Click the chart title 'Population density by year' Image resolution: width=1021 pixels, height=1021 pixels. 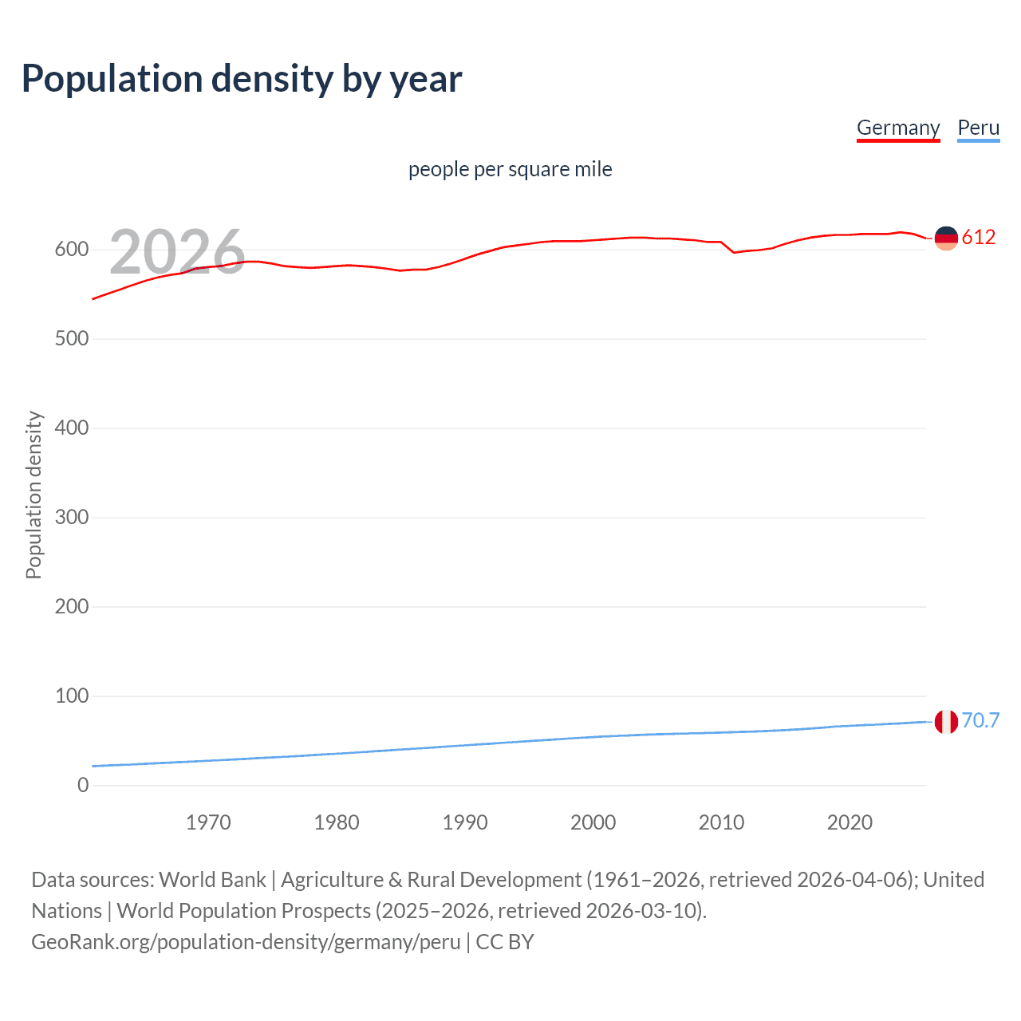click(x=242, y=79)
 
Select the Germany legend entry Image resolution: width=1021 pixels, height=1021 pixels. click(x=898, y=128)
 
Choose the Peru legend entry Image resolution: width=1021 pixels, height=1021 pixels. click(x=978, y=128)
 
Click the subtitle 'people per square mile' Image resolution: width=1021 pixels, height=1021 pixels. click(x=510, y=169)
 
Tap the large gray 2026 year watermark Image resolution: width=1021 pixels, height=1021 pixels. click(x=177, y=252)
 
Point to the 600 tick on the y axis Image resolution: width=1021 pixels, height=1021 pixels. click(x=72, y=250)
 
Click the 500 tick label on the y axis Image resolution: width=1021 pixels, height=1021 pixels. click(x=72, y=339)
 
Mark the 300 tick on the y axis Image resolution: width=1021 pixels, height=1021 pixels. click(x=72, y=518)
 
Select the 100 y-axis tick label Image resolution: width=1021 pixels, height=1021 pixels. click(x=72, y=696)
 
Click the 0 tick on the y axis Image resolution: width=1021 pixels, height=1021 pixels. click(x=83, y=786)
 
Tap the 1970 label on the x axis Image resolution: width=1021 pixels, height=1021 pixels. click(x=208, y=822)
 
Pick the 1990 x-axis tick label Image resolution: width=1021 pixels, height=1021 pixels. click(x=465, y=822)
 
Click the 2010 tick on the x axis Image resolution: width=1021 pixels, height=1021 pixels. click(x=721, y=822)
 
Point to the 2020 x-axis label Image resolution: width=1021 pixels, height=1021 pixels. click(x=850, y=822)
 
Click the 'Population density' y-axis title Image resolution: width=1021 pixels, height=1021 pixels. click(x=34, y=495)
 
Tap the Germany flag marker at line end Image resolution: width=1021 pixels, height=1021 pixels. click(x=946, y=238)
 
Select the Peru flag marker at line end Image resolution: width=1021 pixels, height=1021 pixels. click(x=946, y=722)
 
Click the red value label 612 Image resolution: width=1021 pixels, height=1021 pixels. click(x=979, y=237)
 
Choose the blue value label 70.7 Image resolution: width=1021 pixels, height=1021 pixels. click(x=980, y=721)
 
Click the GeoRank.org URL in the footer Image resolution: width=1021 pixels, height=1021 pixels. click(x=246, y=942)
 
